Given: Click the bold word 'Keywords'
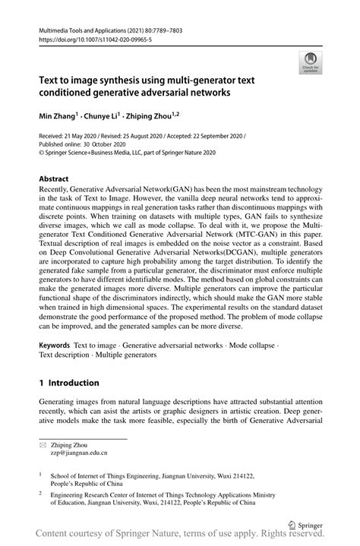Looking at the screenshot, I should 58,346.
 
